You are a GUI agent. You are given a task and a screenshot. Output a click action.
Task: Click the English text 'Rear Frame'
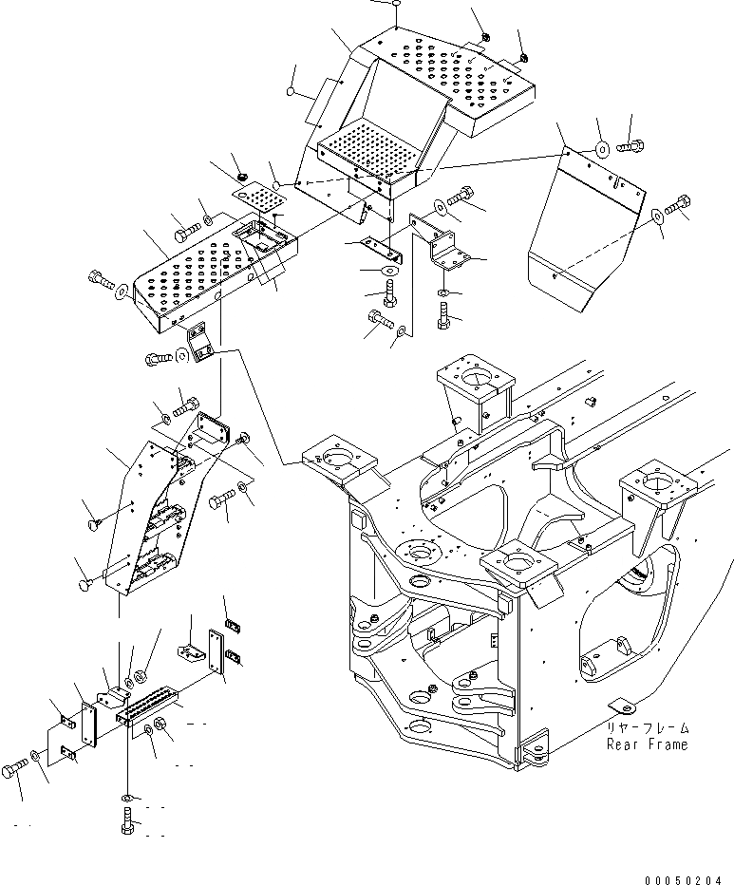click(x=647, y=744)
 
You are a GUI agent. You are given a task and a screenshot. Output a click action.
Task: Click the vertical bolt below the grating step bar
click(x=128, y=821)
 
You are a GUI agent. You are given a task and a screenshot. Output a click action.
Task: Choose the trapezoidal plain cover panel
click(x=581, y=233)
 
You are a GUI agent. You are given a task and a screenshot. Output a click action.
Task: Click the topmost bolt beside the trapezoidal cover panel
click(x=630, y=147)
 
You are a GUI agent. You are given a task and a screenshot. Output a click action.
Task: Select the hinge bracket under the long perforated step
click(x=200, y=342)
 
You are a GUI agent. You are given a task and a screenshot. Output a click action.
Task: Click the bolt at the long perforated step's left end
click(x=100, y=279)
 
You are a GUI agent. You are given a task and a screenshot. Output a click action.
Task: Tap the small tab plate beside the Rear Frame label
click(x=618, y=706)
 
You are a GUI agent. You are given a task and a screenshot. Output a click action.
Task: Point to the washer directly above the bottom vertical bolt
click(x=127, y=796)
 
